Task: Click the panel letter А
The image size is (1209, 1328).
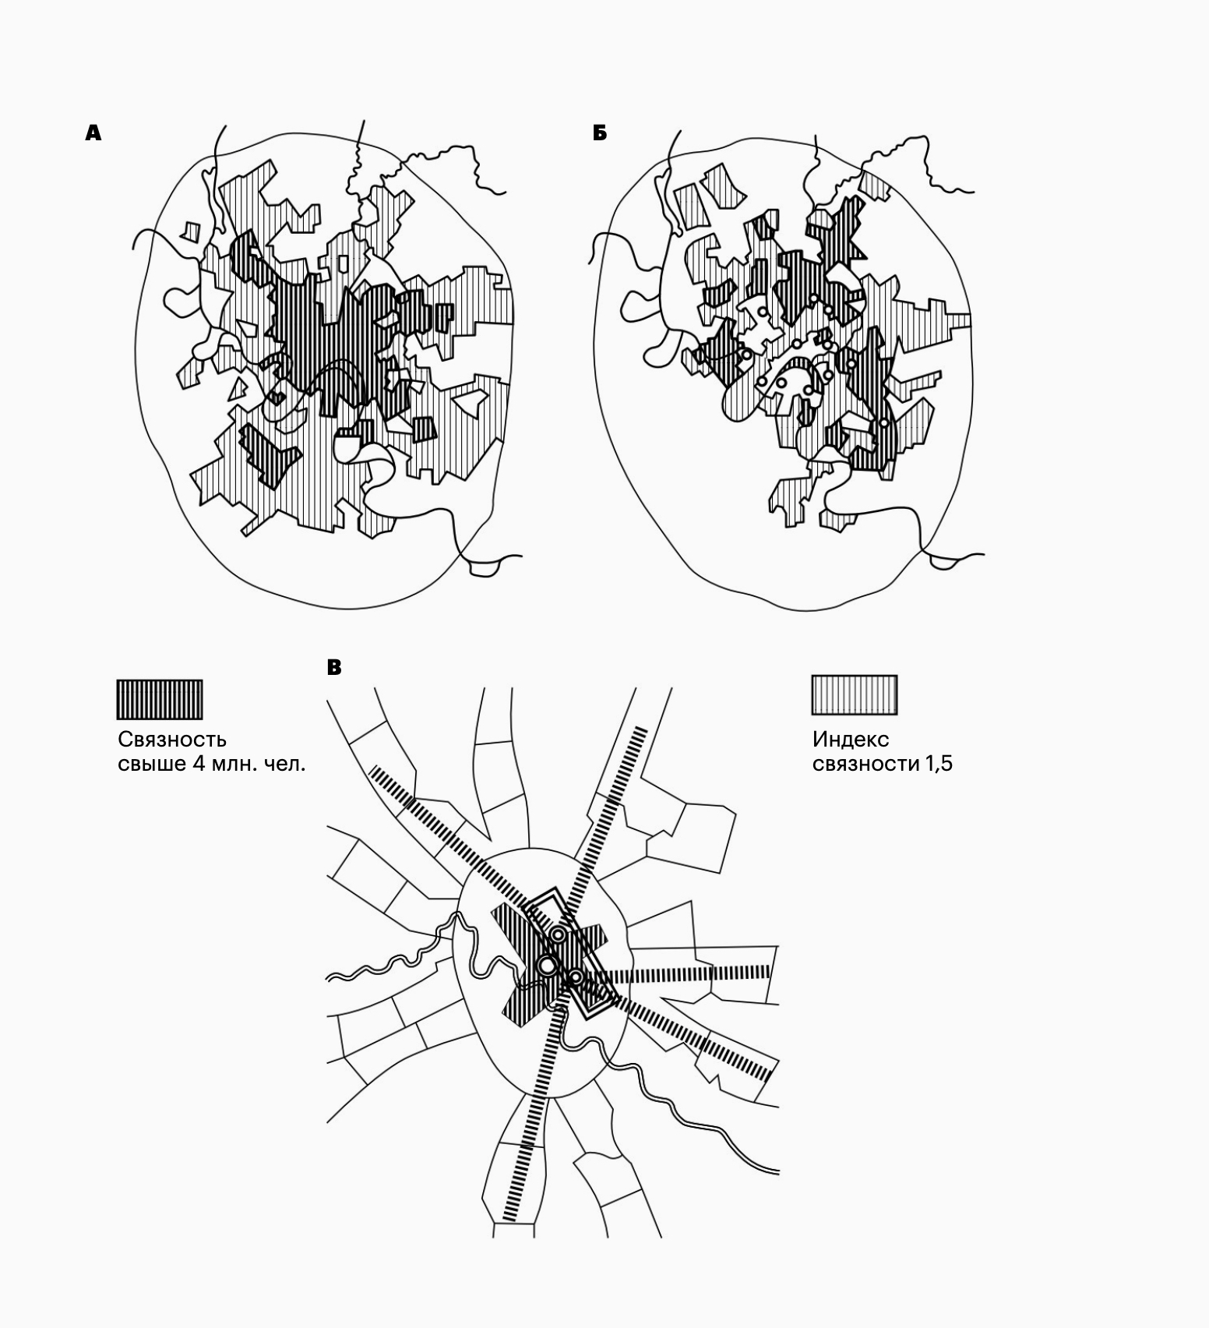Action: (93, 133)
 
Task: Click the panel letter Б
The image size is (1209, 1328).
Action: (600, 133)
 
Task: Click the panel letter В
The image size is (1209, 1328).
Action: (334, 668)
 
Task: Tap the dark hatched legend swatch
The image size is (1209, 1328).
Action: (160, 699)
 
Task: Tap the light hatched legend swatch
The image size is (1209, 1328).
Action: (855, 695)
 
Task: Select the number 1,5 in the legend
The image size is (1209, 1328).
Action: (939, 764)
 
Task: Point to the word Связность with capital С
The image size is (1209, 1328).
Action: (172, 740)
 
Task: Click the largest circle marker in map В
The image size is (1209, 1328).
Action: (548, 966)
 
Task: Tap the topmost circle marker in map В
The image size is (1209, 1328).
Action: (559, 934)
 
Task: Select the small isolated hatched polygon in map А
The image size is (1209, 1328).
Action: (189, 231)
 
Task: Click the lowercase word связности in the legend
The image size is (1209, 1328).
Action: (866, 765)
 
